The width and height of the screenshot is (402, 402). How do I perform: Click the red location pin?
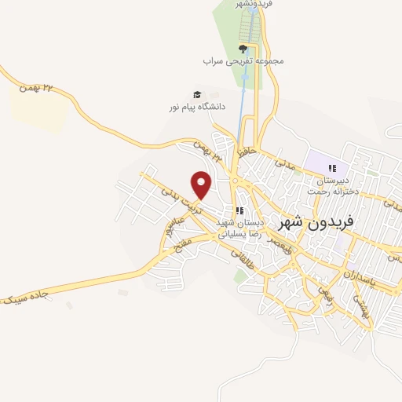click(202, 184)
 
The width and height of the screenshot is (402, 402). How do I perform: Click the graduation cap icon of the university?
click(197, 94)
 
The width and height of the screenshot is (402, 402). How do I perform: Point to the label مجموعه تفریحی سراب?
click(243, 60)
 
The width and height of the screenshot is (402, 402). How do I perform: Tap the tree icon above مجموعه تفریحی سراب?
click(243, 49)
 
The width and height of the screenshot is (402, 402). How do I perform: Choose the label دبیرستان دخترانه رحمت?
click(332, 185)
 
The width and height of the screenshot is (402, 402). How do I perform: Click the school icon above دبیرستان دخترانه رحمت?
click(332, 168)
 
